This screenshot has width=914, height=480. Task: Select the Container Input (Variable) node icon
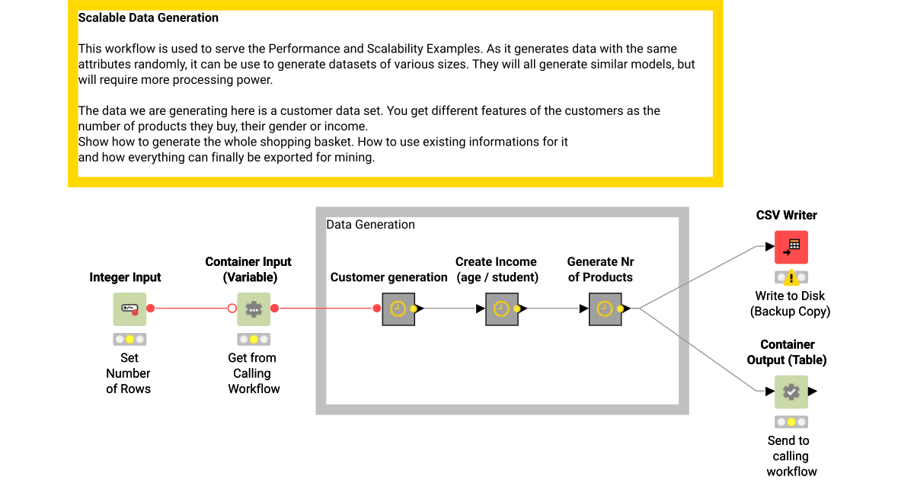coord(254,309)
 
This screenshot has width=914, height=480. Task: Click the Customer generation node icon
coord(398,309)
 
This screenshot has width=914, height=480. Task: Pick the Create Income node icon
coord(501,309)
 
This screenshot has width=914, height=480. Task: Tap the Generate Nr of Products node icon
coord(605,309)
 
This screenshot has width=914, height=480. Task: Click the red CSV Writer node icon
coord(791,247)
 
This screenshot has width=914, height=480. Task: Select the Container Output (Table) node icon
coord(791,392)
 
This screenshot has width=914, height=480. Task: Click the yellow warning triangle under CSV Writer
coord(791,278)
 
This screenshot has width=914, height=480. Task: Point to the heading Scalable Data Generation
coord(149,18)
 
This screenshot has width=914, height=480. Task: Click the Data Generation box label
coord(371,225)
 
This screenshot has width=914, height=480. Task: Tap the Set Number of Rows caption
coord(129,373)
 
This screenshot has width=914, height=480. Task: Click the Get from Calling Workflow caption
coord(254,373)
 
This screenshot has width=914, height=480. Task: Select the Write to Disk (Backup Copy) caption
coord(790,303)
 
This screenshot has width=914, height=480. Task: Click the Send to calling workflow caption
coord(791,456)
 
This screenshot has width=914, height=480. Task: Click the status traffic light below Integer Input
coord(129,339)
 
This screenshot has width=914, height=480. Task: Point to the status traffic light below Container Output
coord(791,422)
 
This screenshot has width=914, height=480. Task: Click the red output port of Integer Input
coord(151,309)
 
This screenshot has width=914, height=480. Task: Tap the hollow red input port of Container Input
coord(232,309)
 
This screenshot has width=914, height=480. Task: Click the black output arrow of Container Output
coord(813,392)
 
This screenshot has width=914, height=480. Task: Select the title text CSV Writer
coord(786,216)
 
